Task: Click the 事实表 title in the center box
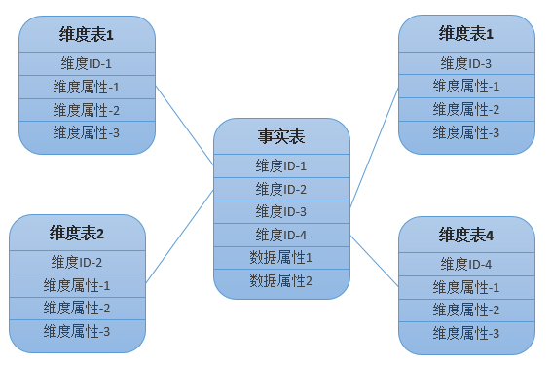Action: tap(281, 136)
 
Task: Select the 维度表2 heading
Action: tap(77, 234)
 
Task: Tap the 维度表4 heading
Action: tap(466, 235)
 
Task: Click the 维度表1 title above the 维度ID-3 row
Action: tap(466, 34)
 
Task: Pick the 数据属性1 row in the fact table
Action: tap(281, 258)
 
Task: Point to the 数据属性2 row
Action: tap(281, 280)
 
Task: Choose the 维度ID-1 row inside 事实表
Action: tap(281, 165)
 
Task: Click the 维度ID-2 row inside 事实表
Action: tap(281, 190)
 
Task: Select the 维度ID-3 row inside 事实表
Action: tap(281, 212)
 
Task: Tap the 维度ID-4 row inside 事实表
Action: tap(281, 235)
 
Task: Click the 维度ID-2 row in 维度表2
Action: tap(77, 262)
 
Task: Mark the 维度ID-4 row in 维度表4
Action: tap(466, 264)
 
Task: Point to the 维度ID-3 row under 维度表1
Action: tap(466, 63)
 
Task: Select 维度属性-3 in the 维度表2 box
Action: tap(77, 331)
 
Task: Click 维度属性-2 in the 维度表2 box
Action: tap(77, 309)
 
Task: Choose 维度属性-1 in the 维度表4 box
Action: tap(466, 287)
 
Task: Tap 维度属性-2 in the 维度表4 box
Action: tap(466, 310)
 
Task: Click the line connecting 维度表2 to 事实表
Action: tap(179, 237)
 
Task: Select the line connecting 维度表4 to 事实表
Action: tap(374, 261)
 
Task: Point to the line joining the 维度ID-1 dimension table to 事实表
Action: tap(185, 126)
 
